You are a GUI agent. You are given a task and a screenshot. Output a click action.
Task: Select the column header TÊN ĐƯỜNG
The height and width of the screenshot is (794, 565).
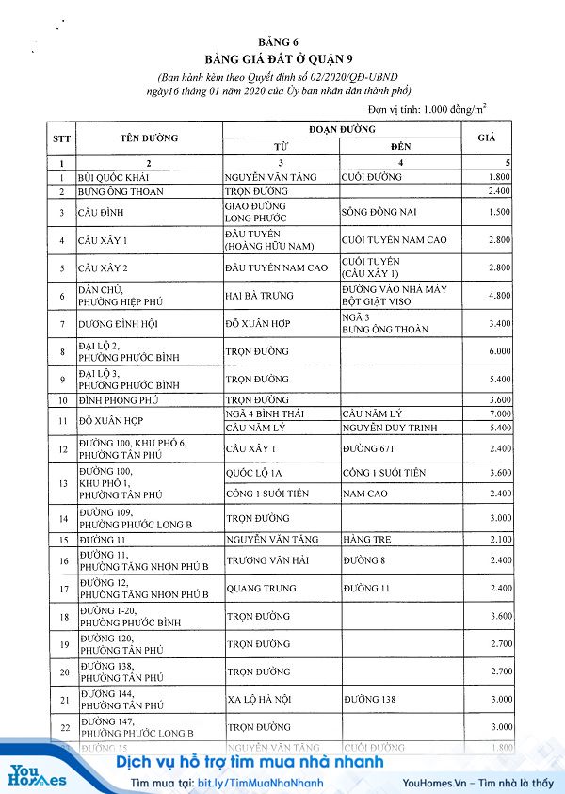[x=149, y=138]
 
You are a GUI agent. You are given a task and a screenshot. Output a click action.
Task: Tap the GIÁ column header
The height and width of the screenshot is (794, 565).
[x=487, y=138]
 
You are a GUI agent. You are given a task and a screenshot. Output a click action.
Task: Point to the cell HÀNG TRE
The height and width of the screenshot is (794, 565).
[x=364, y=540]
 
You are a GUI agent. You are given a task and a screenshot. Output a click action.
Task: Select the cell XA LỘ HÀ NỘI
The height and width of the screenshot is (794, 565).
[x=261, y=700]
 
